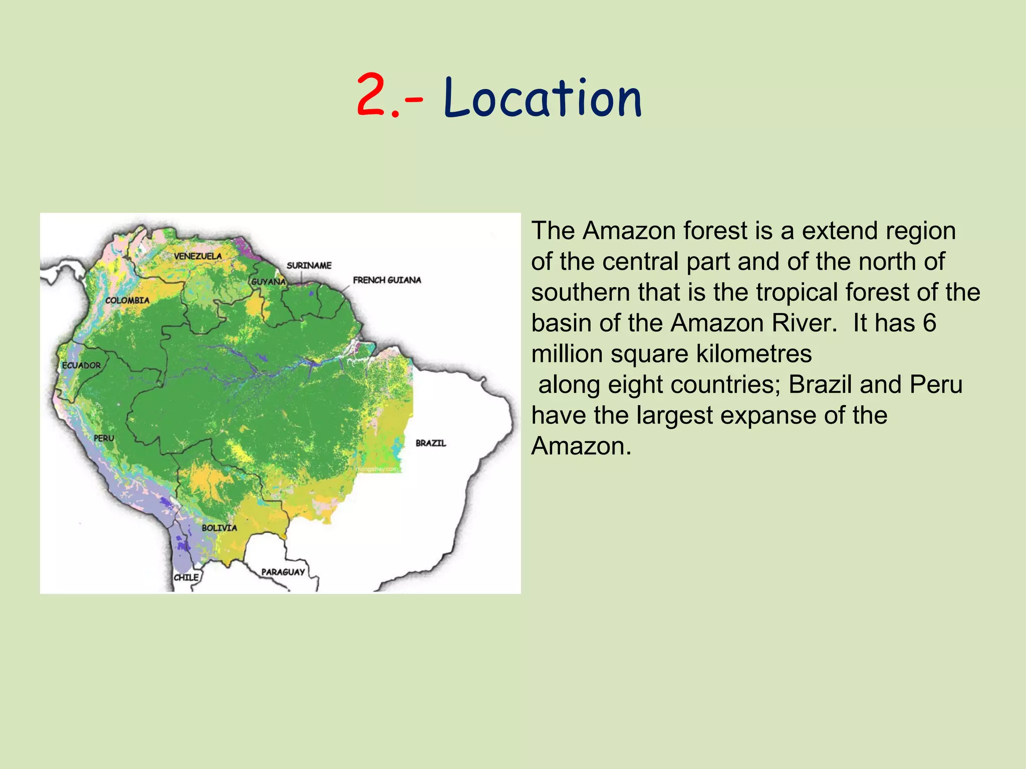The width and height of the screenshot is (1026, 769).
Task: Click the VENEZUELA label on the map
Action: click(x=198, y=256)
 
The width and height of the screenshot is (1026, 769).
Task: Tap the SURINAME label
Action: click(x=309, y=265)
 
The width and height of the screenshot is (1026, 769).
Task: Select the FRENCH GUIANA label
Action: click(x=387, y=280)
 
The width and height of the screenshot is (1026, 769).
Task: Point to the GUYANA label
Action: click(x=268, y=282)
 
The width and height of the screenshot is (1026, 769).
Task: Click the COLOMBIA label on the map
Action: click(x=127, y=300)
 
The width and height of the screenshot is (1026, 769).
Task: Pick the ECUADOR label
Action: click(x=81, y=365)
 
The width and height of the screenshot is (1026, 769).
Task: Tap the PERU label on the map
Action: click(x=104, y=438)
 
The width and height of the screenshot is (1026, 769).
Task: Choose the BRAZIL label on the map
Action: click(x=431, y=443)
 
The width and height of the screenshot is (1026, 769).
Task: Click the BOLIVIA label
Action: click(x=219, y=528)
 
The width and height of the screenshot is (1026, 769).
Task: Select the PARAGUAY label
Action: click(x=283, y=572)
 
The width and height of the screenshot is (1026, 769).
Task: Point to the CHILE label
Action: click(x=186, y=577)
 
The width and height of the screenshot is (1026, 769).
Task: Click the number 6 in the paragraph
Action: click(x=929, y=323)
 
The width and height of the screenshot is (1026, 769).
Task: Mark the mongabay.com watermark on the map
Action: click(x=377, y=469)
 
